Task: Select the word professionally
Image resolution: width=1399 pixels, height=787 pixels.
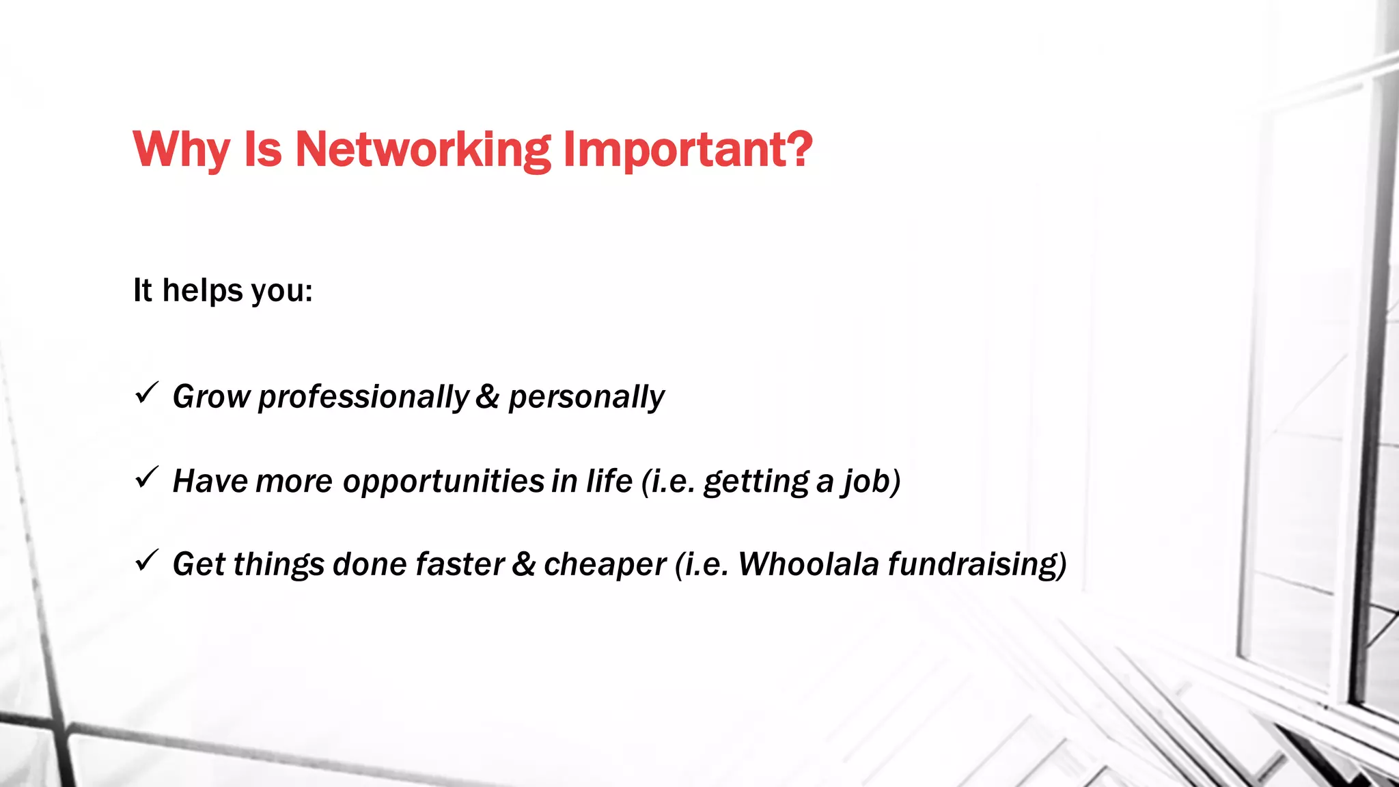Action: coord(363,397)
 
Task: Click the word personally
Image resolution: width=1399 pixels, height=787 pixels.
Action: coord(586,397)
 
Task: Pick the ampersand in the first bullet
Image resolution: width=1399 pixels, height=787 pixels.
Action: coord(487,397)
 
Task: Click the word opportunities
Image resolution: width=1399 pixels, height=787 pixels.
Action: coord(443,481)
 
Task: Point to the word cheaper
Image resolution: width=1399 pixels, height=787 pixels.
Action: coord(605,564)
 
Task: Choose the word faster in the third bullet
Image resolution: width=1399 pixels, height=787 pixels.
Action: coord(460,564)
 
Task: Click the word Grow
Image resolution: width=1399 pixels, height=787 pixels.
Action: coord(211,397)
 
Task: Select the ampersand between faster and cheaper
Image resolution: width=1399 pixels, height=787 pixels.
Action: coord(523,564)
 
